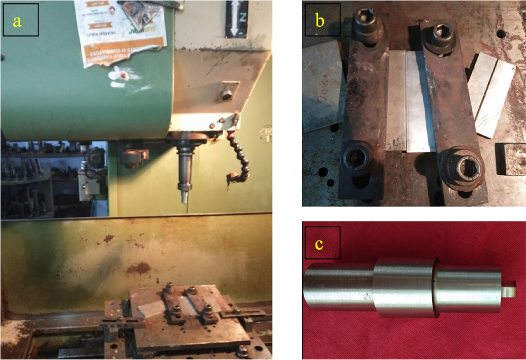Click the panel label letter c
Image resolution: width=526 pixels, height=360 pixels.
319,245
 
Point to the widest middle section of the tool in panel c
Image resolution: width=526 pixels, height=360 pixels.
403,287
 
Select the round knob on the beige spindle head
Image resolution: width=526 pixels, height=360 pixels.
226,95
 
